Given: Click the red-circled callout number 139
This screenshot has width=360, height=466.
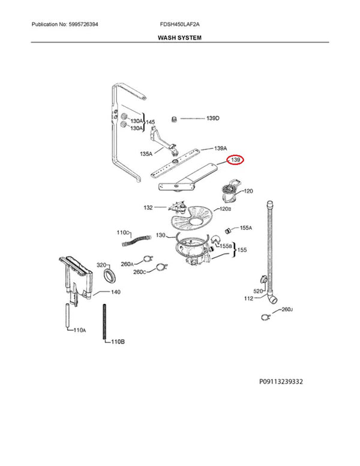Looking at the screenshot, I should coord(235,161).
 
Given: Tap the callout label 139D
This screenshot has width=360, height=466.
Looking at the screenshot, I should coord(213,118).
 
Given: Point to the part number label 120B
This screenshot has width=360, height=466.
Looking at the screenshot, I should coord(225,208).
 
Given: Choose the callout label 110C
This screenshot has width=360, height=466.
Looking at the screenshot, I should coord(123,232).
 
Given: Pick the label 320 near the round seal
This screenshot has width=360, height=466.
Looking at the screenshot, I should coord(101,265).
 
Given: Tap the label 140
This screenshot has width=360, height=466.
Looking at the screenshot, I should coord(115,292).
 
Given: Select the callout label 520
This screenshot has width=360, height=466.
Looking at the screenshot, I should coord(258,291).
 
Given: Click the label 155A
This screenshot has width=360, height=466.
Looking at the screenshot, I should coord(246,228).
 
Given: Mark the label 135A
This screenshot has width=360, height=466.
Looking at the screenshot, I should coord(146,154).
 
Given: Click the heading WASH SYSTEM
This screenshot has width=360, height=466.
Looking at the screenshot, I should coord(179,37).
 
